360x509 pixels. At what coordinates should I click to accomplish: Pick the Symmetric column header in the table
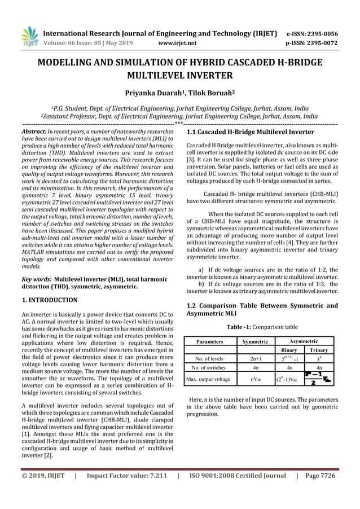[x=254, y=341]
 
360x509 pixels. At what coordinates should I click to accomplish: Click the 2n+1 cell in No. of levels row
[x=254, y=358]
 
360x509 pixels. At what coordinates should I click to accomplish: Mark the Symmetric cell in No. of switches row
[x=254, y=367]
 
